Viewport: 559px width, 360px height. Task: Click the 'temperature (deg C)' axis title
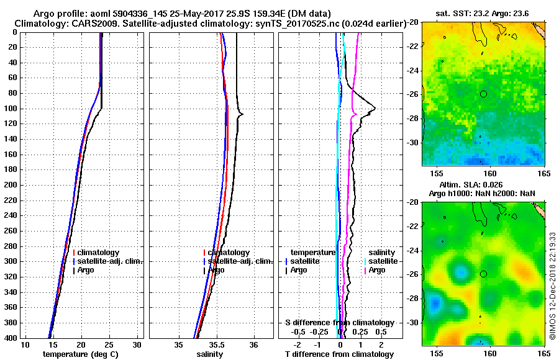80,354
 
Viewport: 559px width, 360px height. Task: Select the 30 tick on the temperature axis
137,344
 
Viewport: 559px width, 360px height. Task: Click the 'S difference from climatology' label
339,323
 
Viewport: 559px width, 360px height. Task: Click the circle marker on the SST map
484,94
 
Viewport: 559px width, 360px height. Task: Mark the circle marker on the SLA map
484,274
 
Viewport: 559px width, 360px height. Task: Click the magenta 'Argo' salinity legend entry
377,270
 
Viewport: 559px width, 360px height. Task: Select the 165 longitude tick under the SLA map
545,351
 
